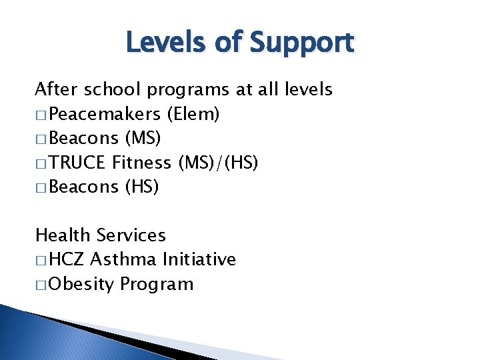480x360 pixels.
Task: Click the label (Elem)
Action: [x=194, y=114]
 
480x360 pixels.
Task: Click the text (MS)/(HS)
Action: [x=218, y=163]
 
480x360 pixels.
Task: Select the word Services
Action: [x=131, y=235]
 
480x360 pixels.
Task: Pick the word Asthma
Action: [x=122, y=259]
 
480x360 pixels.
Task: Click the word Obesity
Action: [x=81, y=285]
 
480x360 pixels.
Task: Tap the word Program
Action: [x=157, y=285]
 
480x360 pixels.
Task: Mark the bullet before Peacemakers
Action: [x=41, y=115]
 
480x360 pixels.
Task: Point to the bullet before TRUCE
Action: [x=41, y=163]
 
